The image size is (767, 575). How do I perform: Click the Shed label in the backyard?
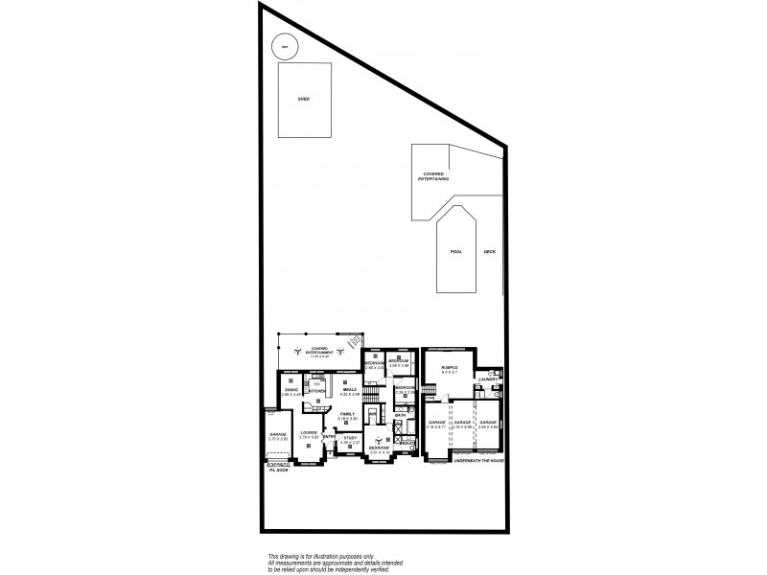pos(303,99)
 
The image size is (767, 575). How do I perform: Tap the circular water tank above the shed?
pos(285,45)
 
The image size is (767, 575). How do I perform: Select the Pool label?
pos(456,251)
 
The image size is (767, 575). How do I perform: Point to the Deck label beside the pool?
pos(489,251)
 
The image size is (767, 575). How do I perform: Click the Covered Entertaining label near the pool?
pos(436,176)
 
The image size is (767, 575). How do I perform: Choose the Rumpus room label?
pos(448,367)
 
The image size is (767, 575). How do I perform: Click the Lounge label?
pos(308,432)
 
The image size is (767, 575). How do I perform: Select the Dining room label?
pos(291,390)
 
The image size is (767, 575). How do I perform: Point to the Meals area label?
pos(350,390)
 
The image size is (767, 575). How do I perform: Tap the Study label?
pos(350,437)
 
